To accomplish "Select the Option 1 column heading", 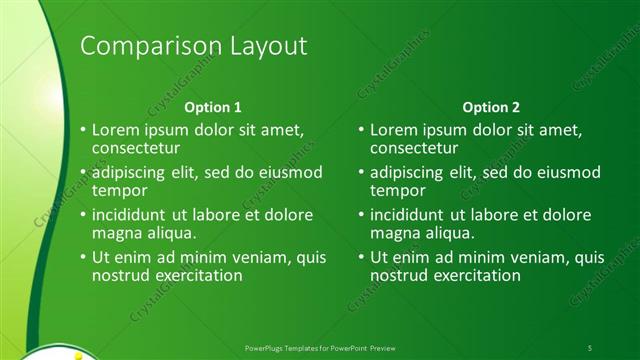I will click(x=213, y=107).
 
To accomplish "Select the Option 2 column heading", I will click(x=490, y=107).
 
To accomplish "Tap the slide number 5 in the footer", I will click(x=590, y=347).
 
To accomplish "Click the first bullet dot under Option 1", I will click(x=82, y=130).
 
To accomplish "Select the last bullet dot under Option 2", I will click(x=360, y=258).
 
